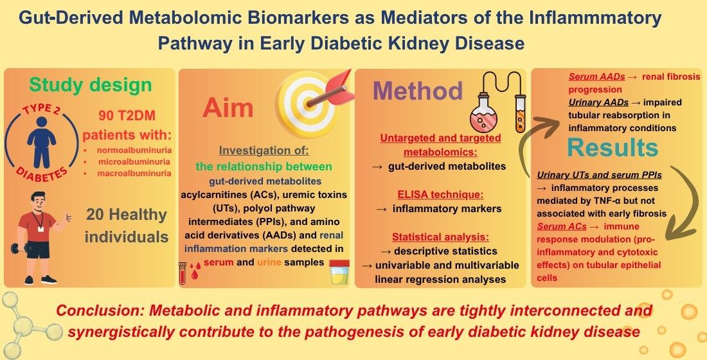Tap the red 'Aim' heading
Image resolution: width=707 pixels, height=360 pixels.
[228, 107]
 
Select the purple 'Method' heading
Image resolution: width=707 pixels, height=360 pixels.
[418, 91]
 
